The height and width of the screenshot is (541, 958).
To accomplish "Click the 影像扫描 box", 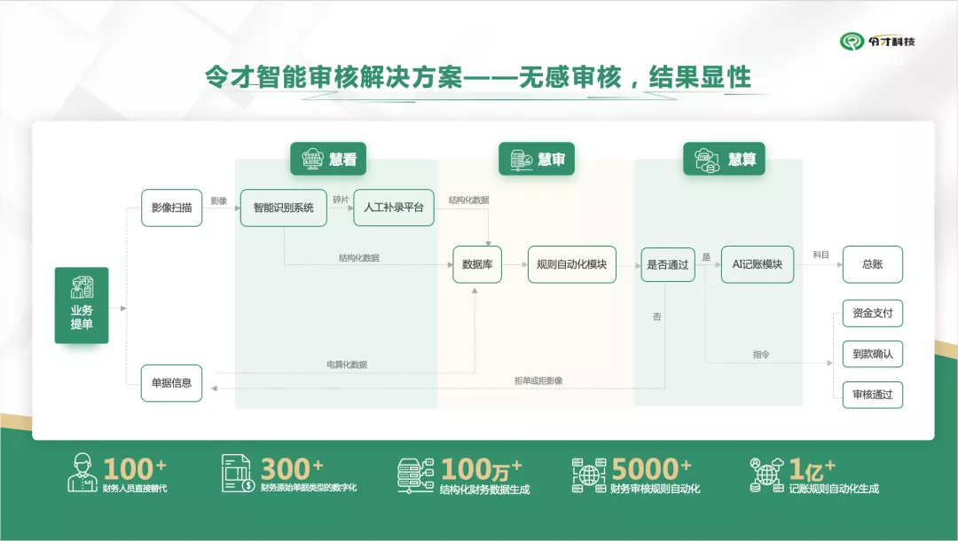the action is (172, 208).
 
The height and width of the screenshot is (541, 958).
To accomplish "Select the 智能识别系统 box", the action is (284, 208).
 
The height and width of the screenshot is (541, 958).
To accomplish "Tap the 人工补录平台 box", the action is (394, 208).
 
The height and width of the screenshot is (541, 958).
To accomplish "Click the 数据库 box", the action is (477, 264).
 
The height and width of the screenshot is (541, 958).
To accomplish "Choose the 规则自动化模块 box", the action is (572, 264).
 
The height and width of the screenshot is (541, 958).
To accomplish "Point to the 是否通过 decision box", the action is (668, 264).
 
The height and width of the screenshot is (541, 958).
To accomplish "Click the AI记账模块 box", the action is (758, 264).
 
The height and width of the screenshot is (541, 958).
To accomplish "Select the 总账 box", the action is (873, 264).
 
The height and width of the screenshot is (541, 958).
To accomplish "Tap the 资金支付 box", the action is (873, 313).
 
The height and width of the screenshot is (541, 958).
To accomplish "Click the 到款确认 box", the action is (873, 354).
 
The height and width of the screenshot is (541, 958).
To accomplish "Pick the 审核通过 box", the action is (873, 395).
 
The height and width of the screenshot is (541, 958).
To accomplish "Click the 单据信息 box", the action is (172, 383).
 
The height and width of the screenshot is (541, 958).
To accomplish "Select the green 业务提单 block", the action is (82, 305).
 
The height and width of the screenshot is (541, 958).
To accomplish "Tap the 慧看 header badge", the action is (328, 159).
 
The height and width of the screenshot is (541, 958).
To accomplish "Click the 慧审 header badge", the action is (537, 159).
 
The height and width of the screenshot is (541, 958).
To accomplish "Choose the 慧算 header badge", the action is (724, 159).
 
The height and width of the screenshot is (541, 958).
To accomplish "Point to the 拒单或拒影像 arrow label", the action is (538, 380).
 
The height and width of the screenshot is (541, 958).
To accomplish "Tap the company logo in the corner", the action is (877, 42).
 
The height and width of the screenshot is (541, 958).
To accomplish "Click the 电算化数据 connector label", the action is (347, 365).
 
